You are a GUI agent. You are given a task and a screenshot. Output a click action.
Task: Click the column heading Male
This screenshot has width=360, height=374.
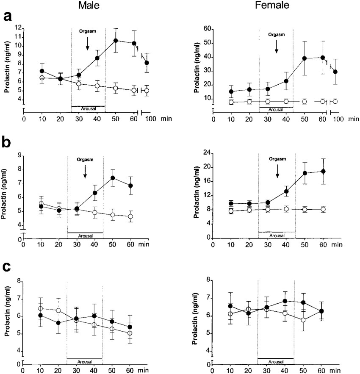click(89, 6)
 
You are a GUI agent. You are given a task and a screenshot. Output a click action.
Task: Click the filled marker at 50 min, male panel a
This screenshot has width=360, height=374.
click(115, 41)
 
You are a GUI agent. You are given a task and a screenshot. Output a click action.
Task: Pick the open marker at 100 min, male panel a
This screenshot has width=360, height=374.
click(147, 91)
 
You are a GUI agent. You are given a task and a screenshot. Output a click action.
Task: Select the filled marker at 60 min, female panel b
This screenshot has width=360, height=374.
click(323, 171)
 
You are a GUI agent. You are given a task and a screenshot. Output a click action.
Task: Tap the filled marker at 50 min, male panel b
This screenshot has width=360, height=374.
click(113, 178)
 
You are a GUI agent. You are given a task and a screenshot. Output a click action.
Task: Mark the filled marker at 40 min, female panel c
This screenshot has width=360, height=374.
click(285, 301)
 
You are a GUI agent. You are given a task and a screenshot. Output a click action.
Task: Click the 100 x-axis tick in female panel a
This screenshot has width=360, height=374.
click(338, 120)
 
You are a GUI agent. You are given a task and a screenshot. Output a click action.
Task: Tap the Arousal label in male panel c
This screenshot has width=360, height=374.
click(85, 362)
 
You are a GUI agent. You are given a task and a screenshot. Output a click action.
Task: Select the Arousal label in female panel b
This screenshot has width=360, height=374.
click(277, 235)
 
